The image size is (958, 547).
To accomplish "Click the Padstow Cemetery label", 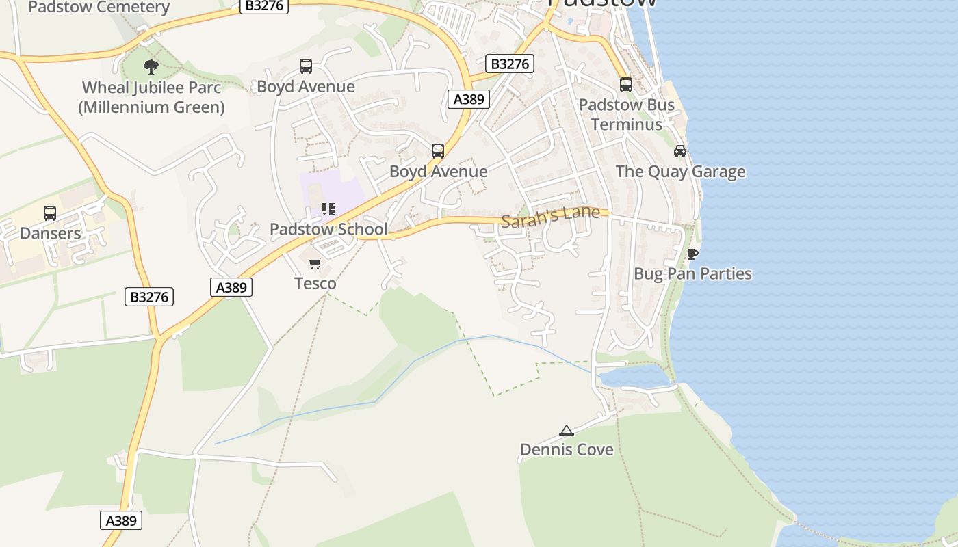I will (x=99, y=8).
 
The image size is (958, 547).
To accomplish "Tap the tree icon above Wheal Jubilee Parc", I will (x=151, y=67).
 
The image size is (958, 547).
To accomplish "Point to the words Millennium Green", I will (x=152, y=107).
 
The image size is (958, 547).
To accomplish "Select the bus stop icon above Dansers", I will (x=50, y=213).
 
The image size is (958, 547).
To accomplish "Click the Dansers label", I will (x=50, y=233).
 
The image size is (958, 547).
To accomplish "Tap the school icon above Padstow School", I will (x=328, y=209).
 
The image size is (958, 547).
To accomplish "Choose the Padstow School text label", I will (x=328, y=230).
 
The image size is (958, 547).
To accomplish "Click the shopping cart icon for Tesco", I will (x=315, y=264).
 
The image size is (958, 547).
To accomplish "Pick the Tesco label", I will (x=315, y=283).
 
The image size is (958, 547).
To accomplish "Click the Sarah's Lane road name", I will (x=550, y=217).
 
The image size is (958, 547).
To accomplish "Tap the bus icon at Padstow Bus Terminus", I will (x=626, y=85).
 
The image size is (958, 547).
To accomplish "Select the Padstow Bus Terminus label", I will (x=626, y=114).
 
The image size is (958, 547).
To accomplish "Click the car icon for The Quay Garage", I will (x=680, y=151).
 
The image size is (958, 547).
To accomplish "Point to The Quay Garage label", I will (x=680, y=171).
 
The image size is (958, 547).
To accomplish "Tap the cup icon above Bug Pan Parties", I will (x=692, y=254).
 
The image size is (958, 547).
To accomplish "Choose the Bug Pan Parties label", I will (x=692, y=274).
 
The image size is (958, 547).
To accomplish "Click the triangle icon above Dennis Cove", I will (x=566, y=431).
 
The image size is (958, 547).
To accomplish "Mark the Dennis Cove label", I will (x=567, y=450).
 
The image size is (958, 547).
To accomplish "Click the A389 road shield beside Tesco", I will (x=231, y=287).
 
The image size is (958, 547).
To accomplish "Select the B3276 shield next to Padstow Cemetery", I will (x=264, y=5).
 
